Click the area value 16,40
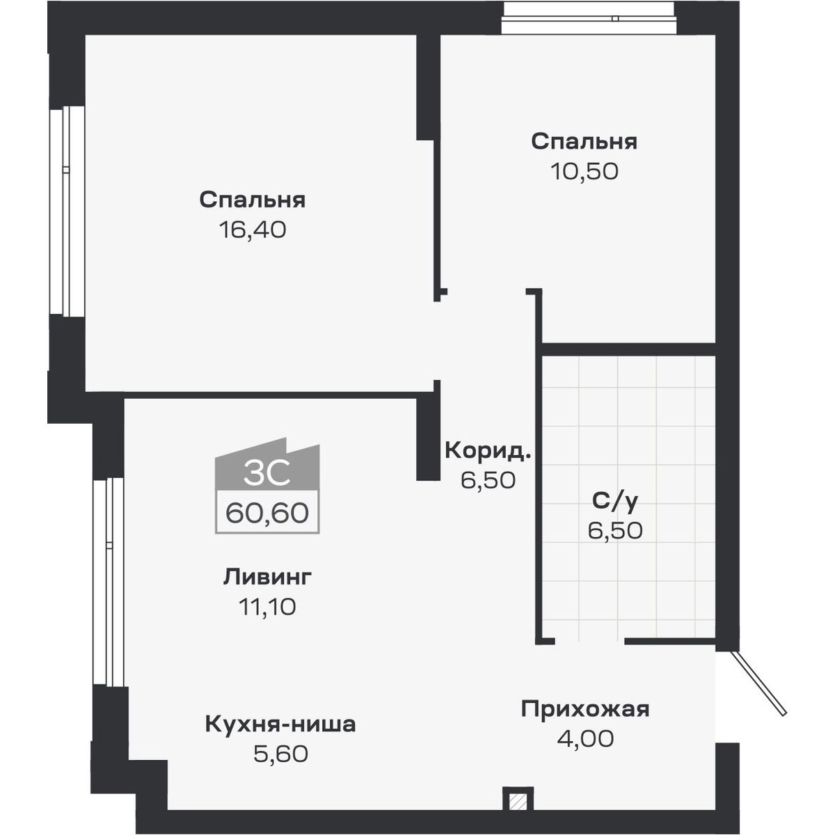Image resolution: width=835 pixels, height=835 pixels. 252,230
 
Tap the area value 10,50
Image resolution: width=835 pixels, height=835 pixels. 584,171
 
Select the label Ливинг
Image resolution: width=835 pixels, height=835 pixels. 267,577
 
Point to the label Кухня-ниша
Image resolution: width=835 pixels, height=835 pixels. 280,724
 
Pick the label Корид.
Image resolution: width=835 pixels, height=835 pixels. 488,450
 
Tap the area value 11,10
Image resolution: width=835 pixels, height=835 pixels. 267,607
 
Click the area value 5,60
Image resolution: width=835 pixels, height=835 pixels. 280,754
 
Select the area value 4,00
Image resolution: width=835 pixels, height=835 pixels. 585,738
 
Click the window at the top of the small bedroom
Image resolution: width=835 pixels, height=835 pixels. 589,19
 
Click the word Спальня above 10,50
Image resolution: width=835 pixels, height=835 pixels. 584,142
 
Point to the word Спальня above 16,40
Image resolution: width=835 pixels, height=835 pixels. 252,200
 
